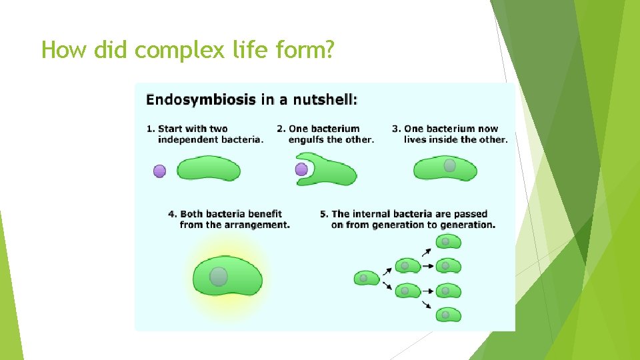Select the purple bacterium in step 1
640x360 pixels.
159,171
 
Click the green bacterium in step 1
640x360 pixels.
208,169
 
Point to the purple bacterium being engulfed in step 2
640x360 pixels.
301,169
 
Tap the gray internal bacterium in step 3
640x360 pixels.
450,165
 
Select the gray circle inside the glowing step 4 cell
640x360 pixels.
218,276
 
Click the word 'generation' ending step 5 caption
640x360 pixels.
468,225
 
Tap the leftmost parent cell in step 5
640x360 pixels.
366,278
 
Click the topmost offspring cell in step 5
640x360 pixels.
449,241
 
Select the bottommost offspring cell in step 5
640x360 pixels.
449,314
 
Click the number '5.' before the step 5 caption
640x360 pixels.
324,214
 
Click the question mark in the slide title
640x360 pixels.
327,49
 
